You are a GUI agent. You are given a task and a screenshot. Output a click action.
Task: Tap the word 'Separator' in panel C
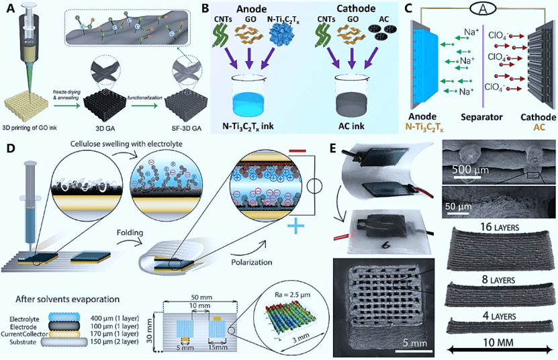tap(483, 116)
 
